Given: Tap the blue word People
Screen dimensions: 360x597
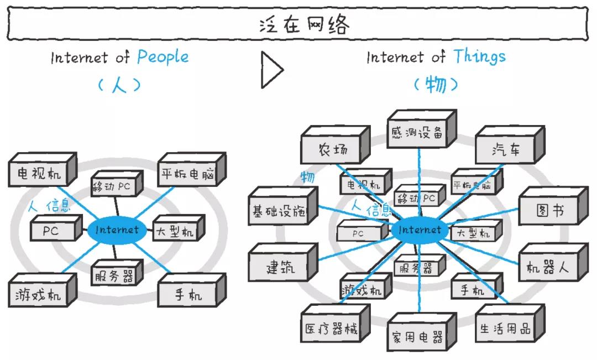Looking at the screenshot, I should pyautogui.click(x=163, y=56).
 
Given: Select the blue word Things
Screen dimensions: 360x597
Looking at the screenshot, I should pyautogui.click(x=479, y=56).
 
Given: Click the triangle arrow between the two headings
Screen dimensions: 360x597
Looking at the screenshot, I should pyautogui.click(x=271, y=70).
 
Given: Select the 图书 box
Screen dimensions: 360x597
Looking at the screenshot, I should pyautogui.click(x=549, y=211).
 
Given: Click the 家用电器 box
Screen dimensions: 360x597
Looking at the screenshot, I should pyautogui.click(x=417, y=337).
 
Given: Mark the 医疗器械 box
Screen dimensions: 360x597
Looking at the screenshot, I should pyautogui.click(x=331, y=330).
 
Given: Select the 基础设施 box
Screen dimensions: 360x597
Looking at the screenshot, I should pyautogui.click(x=279, y=211).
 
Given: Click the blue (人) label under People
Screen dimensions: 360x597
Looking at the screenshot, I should pyautogui.click(x=119, y=85).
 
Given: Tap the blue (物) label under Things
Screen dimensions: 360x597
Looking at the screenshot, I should pyautogui.click(x=436, y=85).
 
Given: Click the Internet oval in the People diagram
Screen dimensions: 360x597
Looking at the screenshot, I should pyautogui.click(x=117, y=229).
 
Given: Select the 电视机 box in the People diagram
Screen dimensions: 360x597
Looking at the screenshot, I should pyautogui.click(x=39, y=173).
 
